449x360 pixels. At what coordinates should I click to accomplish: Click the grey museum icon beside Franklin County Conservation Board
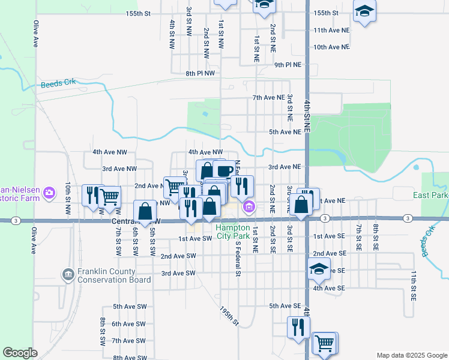point(67,275)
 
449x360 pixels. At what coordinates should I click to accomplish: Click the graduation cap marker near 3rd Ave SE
point(319,269)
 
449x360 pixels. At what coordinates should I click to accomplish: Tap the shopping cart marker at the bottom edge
point(324,344)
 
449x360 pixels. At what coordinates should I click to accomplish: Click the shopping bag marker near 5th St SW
point(145,211)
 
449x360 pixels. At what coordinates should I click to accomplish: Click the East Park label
point(430,196)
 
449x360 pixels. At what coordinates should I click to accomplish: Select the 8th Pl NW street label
point(200,73)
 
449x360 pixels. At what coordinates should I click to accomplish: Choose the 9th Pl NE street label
point(288,64)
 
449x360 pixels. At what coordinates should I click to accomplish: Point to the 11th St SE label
point(414,285)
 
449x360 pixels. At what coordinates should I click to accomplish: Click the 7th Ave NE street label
point(268,97)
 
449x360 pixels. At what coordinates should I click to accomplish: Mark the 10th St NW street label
point(68,197)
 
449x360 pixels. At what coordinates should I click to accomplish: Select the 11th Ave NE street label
point(331,30)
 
